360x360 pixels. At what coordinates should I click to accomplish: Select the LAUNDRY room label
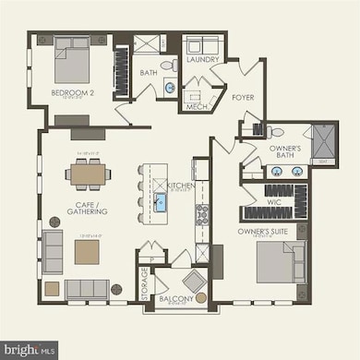tap(202, 60)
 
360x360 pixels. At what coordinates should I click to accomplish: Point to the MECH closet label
tap(195, 104)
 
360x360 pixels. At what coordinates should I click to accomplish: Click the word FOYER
tap(243, 96)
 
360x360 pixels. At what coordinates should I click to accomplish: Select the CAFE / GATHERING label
tap(88, 207)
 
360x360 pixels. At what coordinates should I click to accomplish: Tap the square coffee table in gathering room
tap(87, 252)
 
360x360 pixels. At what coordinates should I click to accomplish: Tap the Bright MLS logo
tap(30, 349)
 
